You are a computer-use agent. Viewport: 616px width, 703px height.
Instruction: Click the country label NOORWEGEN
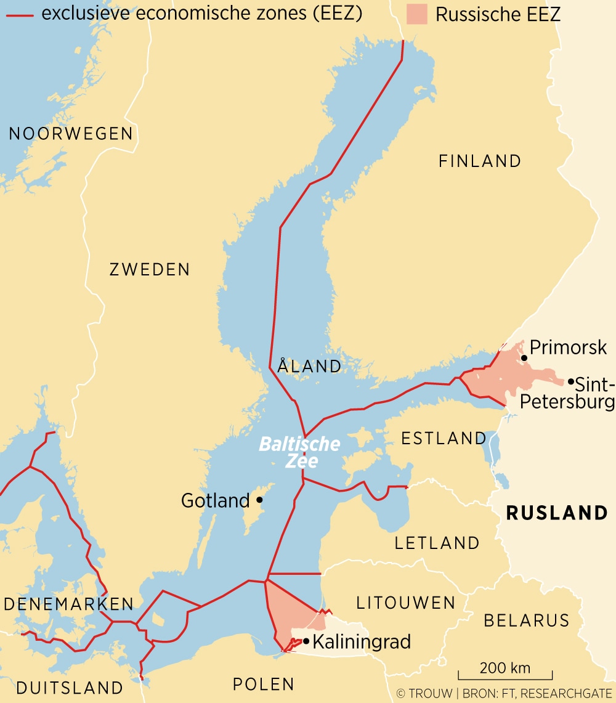coord(71,134)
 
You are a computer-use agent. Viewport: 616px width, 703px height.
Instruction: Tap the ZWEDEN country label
coord(150,269)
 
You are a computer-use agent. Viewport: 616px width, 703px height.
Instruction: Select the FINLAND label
coord(480,161)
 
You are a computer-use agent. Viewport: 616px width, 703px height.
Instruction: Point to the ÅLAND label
coord(309,366)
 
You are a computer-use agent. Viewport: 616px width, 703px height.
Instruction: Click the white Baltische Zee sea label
coord(299,452)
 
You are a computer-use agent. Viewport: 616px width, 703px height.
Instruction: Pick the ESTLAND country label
coord(444,438)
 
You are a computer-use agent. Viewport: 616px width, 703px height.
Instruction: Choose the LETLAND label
coord(437,543)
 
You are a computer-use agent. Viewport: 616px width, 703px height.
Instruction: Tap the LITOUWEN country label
coord(406,603)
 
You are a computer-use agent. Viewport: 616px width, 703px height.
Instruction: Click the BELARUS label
coord(527,620)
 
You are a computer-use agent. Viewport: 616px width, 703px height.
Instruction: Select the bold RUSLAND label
coord(556,513)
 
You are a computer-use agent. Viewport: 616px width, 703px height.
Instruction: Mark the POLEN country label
coord(264,684)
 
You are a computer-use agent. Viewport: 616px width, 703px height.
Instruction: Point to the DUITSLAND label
coord(70,688)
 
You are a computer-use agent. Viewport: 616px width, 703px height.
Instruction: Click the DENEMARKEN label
coord(69,604)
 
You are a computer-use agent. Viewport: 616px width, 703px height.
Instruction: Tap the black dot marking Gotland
coord(259,500)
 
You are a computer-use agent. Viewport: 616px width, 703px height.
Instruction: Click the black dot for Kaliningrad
coord(306,641)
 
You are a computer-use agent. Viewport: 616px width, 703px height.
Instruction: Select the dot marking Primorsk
coord(524,357)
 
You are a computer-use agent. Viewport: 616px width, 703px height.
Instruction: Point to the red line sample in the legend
coord(19,14)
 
